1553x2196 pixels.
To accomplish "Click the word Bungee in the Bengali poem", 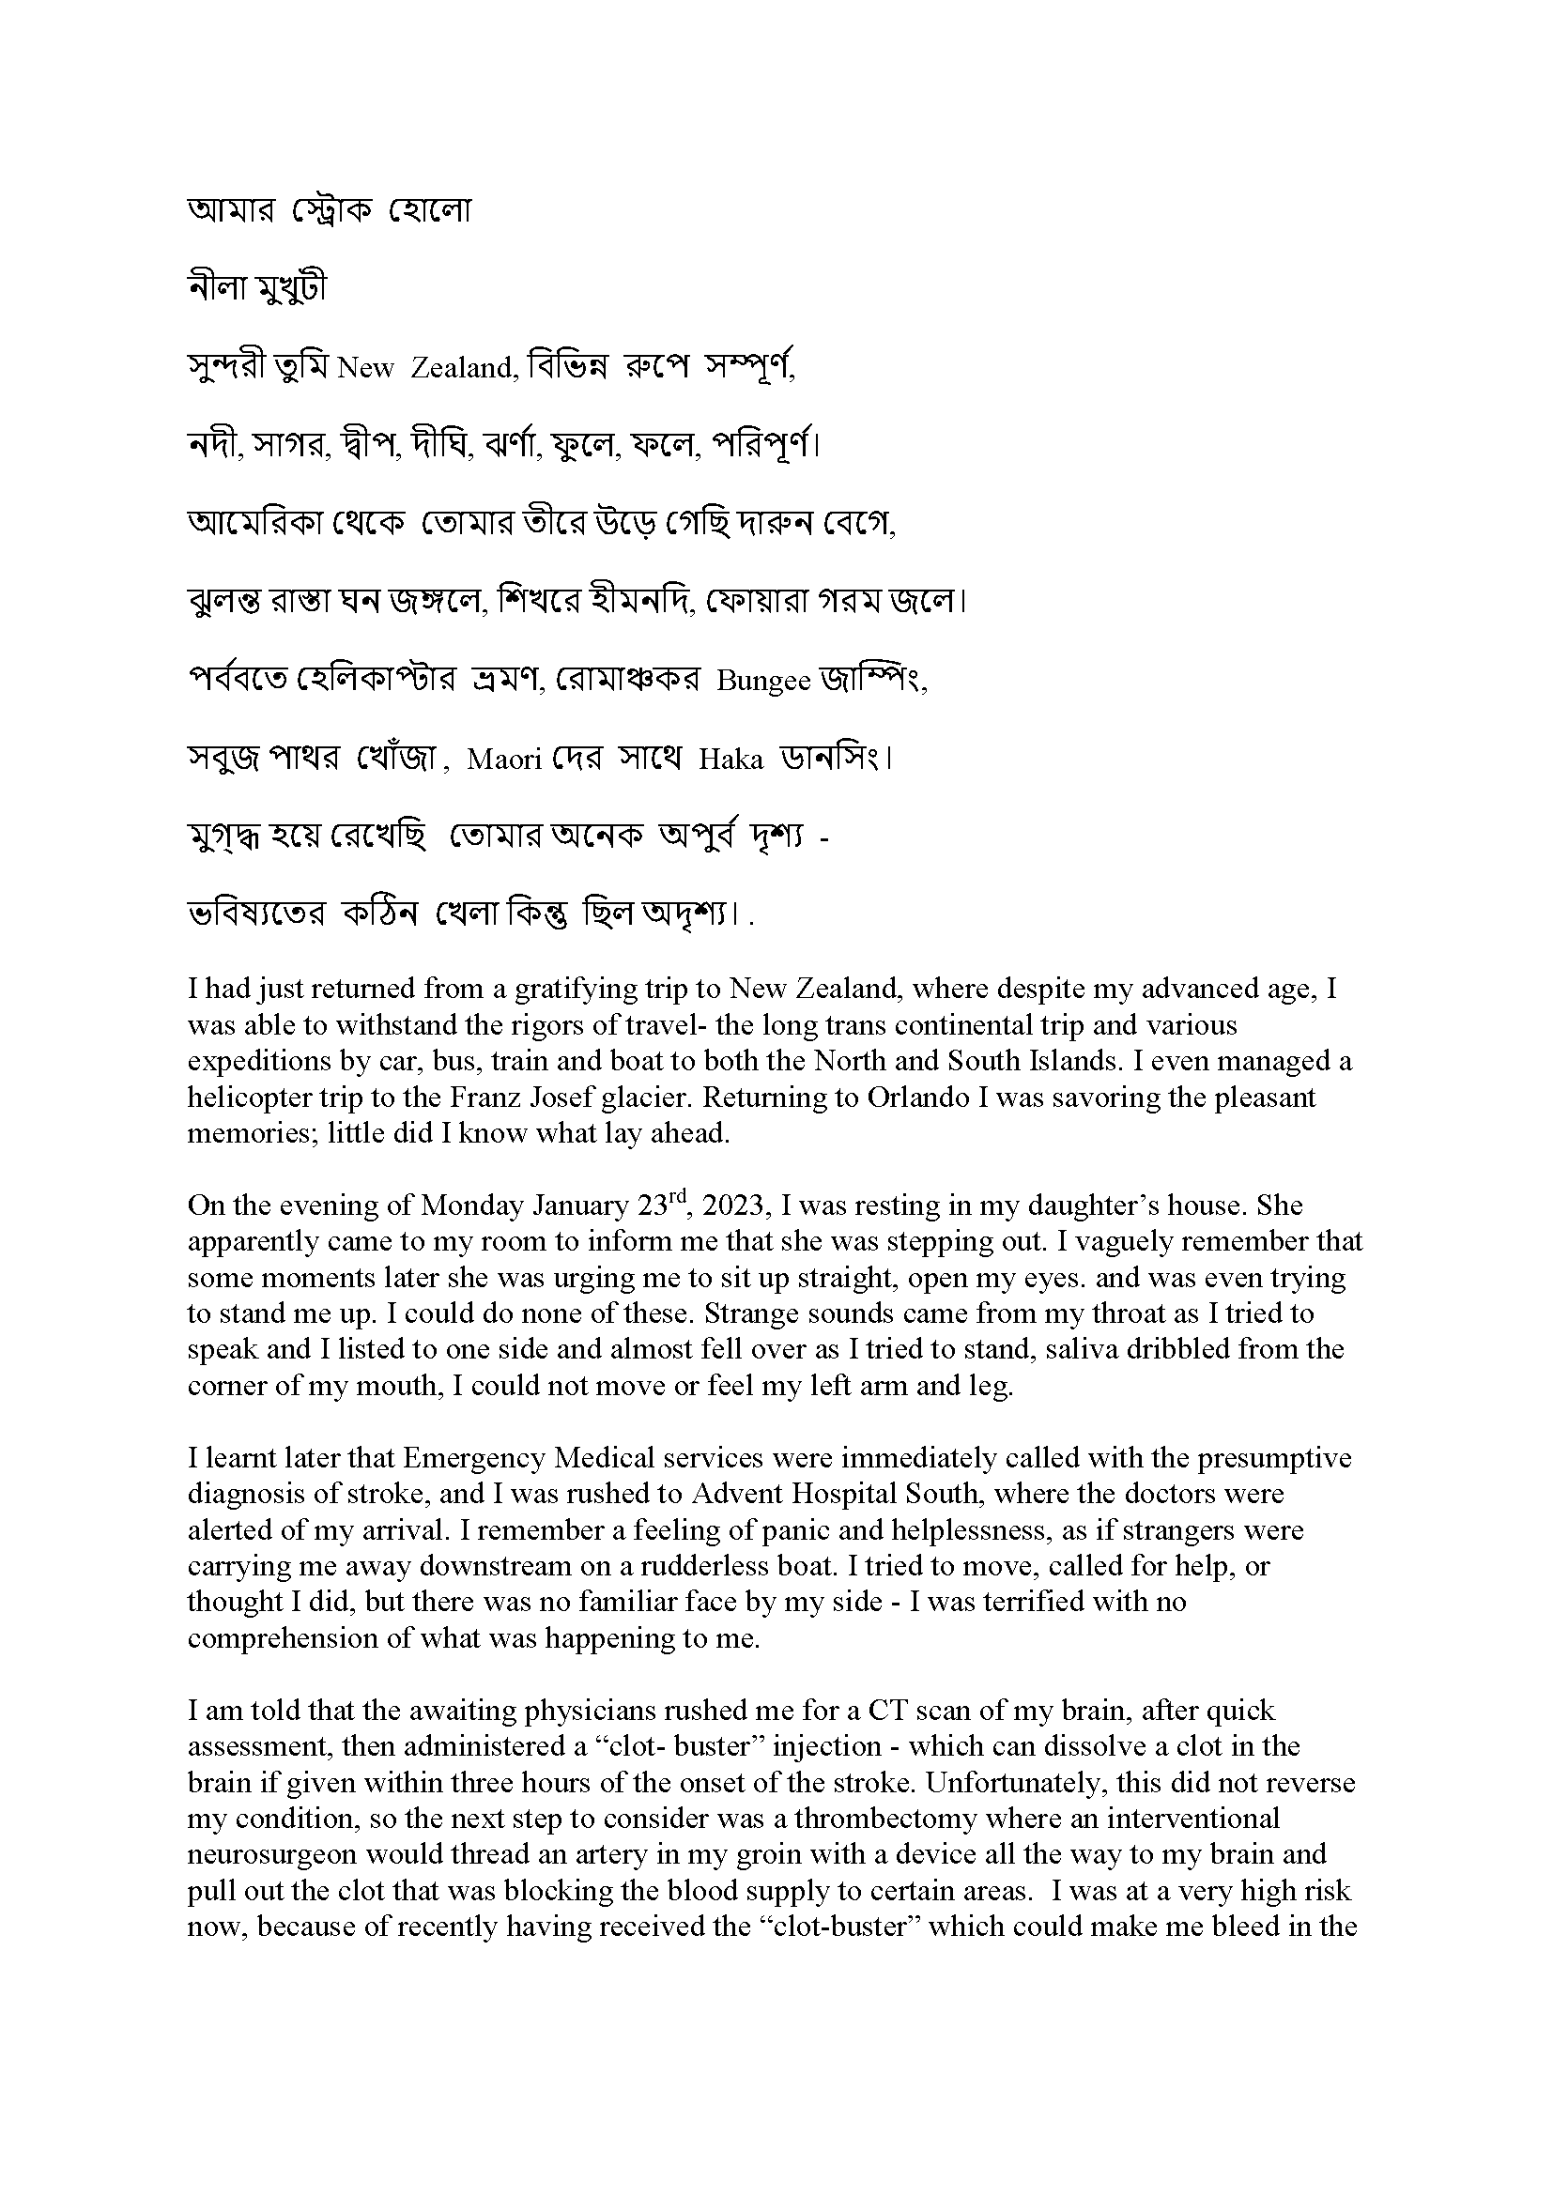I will (763, 682).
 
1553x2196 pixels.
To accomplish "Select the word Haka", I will (730, 760).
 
